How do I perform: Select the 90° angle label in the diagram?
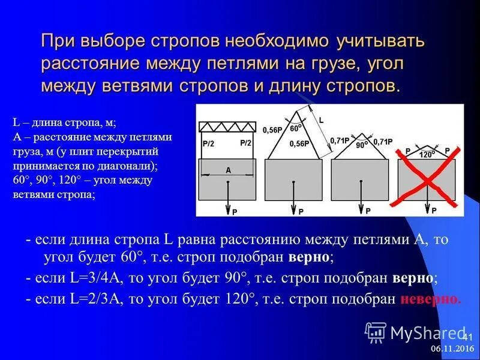pyautogui.click(x=361, y=145)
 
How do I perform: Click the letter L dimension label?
pyautogui.click(x=321, y=120)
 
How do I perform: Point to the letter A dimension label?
pyautogui.click(x=228, y=170)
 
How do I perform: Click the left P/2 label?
pyautogui.click(x=209, y=143)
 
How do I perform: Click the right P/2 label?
pyautogui.click(x=245, y=143)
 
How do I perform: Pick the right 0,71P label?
pyautogui.click(x=383, y=142)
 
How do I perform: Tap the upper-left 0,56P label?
pyautogui.click(x=272, y=129)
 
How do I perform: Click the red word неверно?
pyautogui.click(x=430, y=298)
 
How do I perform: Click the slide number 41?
pyautogui.click(x=467, y=336)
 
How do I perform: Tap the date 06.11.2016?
pyautogui.click(x=452, y=349)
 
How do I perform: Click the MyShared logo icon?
pyautogui.click(x=376, y=332)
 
